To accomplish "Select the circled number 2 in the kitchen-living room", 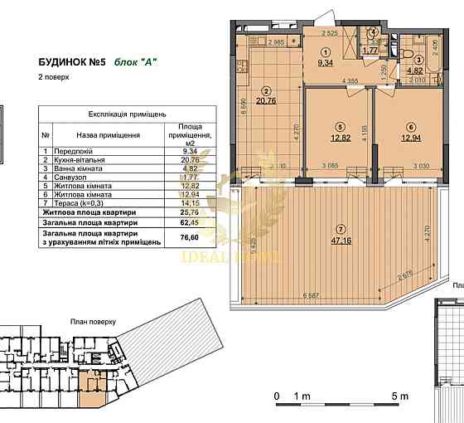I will click(267, 90).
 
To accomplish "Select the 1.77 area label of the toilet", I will click(370, 51).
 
